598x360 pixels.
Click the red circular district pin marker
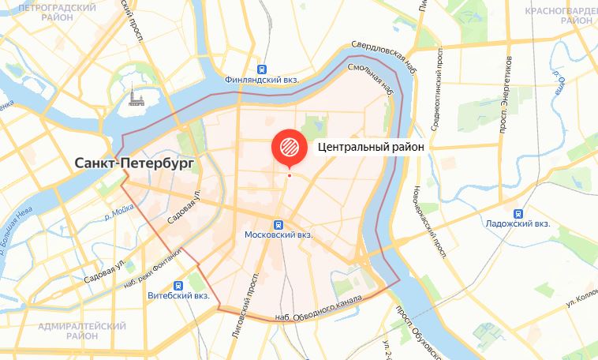[x=287, y=147]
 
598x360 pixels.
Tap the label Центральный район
[x=371, y=147]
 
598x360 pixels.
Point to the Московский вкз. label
[x=278, y=235]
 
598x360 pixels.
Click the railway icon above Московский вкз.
[x=278, y=223]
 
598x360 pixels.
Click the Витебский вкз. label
[x=178, y=296]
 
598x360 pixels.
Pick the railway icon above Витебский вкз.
[x=179, y=284]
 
